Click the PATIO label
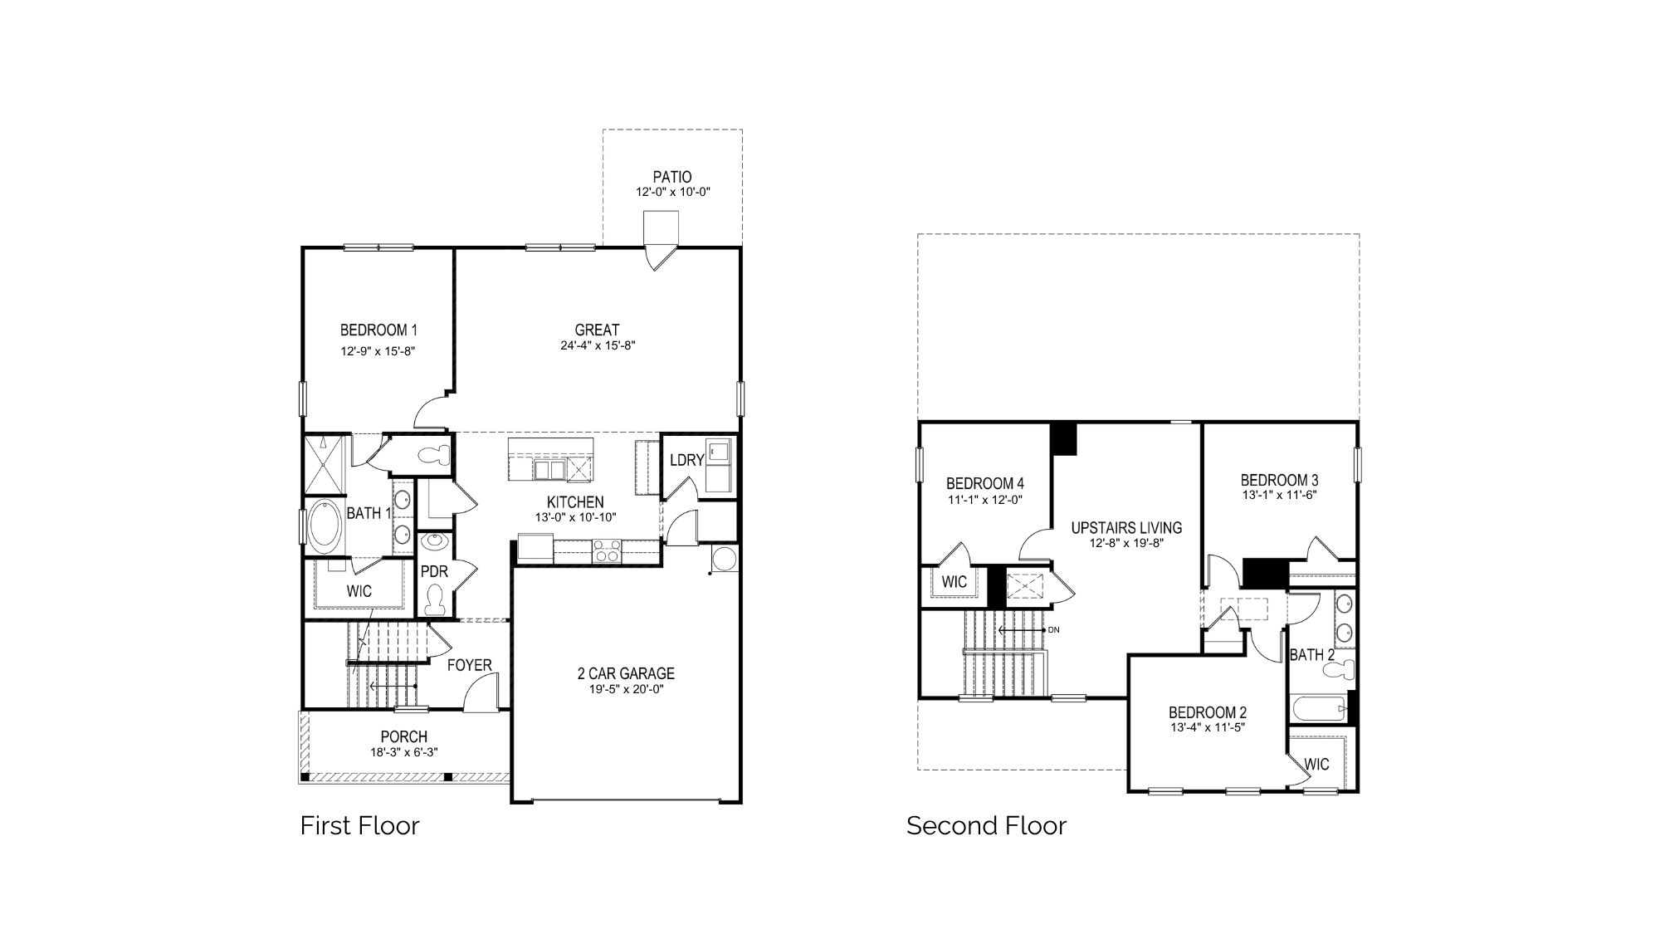(672, 177)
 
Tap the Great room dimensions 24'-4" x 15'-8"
(598, 345)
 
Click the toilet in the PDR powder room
(434, 599)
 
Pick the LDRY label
(686, 460)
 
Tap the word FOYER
(470, 665)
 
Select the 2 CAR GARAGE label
(626, 673)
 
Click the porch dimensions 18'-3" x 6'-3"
(404, 752)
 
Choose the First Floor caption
(359, 825)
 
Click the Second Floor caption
(986, 825)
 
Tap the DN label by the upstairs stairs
(1054, 630)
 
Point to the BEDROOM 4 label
(985, 483)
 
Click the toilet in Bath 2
(1343, 669)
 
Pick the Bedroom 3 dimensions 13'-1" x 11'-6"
(1279, 495)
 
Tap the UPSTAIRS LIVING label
(1126, 527)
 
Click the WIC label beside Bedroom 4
(954, 581)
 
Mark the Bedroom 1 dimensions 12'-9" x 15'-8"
(378, 351)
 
